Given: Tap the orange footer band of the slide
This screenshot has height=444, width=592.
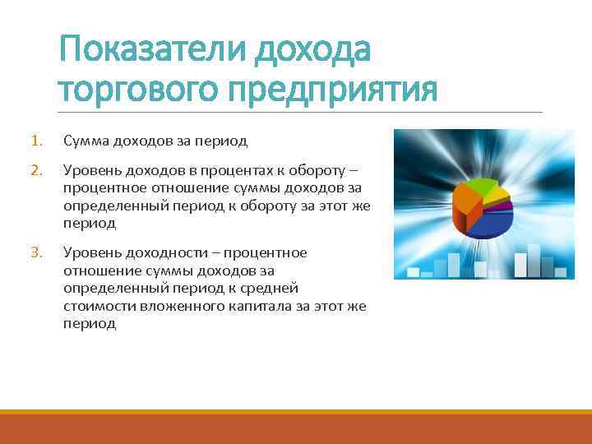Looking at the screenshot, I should pyautogui.click(x=296, y=429).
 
